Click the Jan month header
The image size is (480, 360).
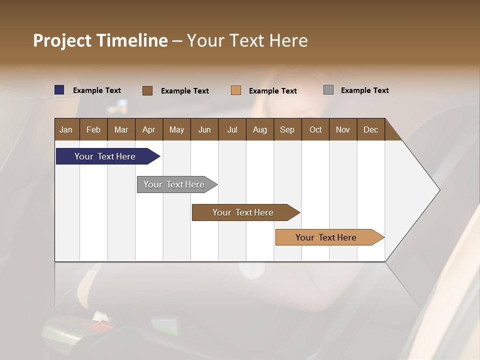coord(66,129)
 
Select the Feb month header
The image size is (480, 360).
coord(93,129)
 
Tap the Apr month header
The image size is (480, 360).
coord(148,129)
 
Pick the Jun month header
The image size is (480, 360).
coord(204,129)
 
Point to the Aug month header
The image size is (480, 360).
coord(259,129)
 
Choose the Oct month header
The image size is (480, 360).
coord(315,129)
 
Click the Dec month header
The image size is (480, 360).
coord(370,129)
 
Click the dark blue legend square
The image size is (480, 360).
coord(59,90)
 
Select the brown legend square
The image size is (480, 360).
coord(147,90)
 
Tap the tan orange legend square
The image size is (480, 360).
coord(236,90)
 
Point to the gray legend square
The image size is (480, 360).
coord(328,90)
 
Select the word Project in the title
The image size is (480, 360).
coord(62,40)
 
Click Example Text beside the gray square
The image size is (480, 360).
coord(364,90)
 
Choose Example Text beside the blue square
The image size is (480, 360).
coord(97,90)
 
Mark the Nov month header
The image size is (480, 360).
coord(343,129)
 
